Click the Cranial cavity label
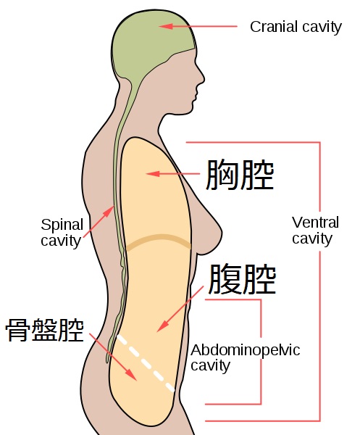click(296, 28)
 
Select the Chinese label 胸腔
click(240, 175)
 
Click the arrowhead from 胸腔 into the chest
click(153, 174)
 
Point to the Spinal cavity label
click(62, 233)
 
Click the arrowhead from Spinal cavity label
click(109, 212)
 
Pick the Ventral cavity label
click(315, 231)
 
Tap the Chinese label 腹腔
click(242, 279)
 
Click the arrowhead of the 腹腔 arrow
click(162, 326)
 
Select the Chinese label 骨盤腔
click(45, 330)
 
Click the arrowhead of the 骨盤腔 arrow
click(131, 375)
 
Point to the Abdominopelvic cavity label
click(246, 358)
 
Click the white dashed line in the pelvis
click(146, 363)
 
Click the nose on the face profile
click(202, 77)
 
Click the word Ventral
click(315, 223)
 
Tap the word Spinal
click(62, 225)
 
